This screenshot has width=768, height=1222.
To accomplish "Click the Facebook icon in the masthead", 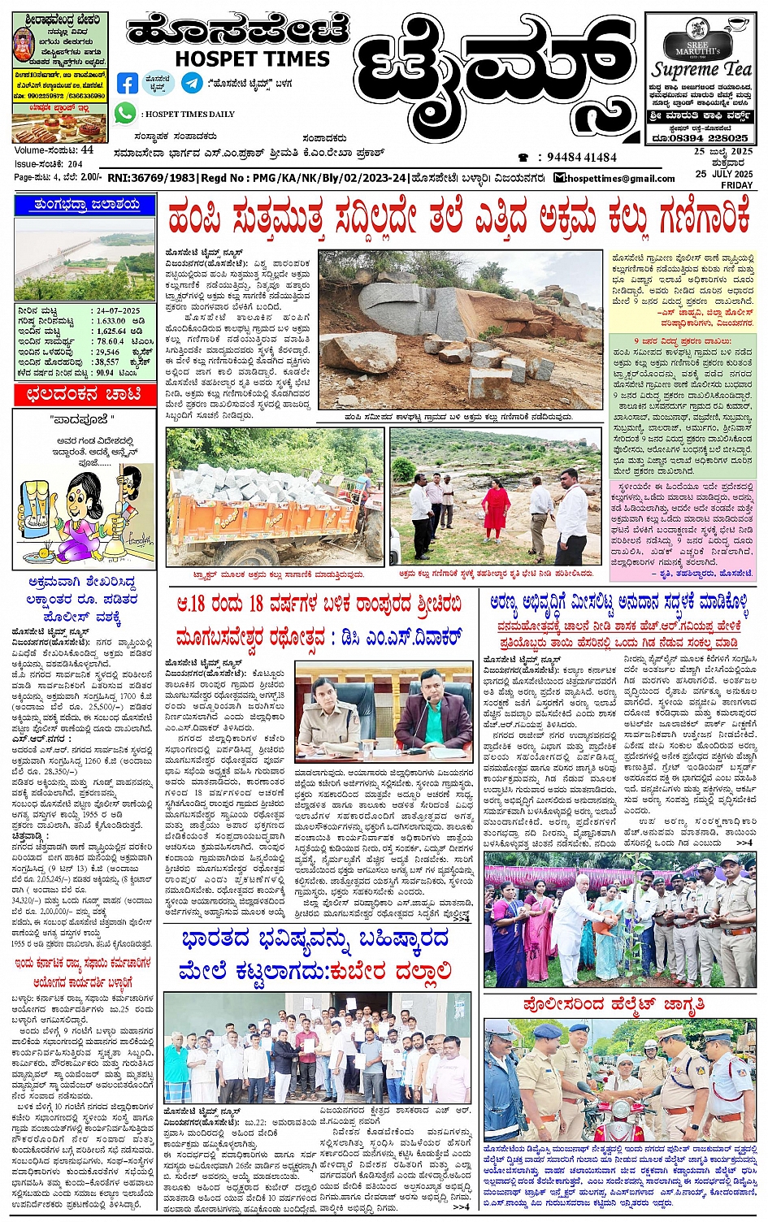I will [x=128, y=83].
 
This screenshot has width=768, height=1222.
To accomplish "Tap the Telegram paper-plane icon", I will [x=193, y=83].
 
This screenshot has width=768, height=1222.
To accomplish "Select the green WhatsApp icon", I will [x=125, y=114].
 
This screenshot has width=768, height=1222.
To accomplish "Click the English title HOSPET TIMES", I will [x=253, y=58].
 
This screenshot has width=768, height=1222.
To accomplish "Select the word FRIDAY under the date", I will [x=736, y=185].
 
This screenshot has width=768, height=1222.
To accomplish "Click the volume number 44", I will [x=87, y=150].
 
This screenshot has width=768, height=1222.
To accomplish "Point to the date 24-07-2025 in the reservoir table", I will [x=118, y=310].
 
